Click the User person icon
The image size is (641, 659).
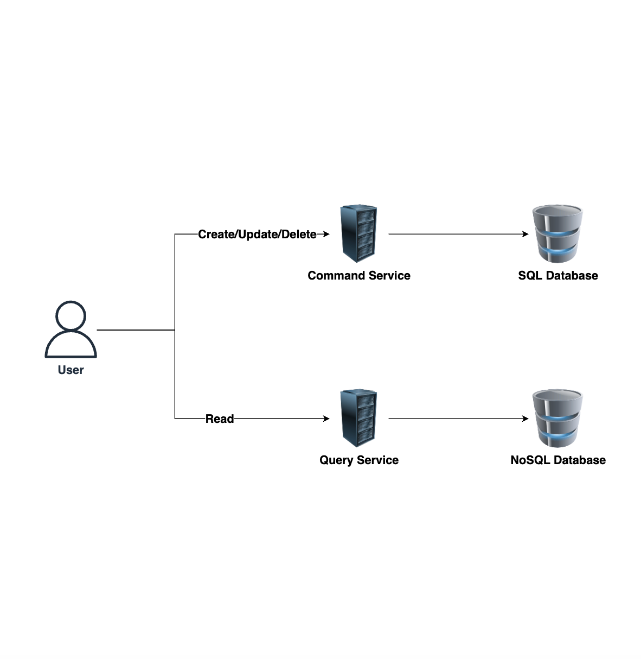tap(70, 329)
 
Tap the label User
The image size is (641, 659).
tap(70, 370)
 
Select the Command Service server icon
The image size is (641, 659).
tap(358, 233)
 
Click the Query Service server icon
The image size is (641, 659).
tap(358, 418)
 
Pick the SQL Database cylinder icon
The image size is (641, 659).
tap(557, 233)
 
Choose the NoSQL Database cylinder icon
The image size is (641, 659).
tap(557, 418)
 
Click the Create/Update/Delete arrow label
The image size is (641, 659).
tap(257, 235)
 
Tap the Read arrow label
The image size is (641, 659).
tap(220, 419)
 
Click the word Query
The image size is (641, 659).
tap(336, 460)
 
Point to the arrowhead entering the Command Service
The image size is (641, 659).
tap(326, 234)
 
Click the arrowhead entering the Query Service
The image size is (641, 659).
tap(326, 419)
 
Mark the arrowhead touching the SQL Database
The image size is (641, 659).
tap(525, 234)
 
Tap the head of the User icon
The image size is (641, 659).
tap(70, 315)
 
